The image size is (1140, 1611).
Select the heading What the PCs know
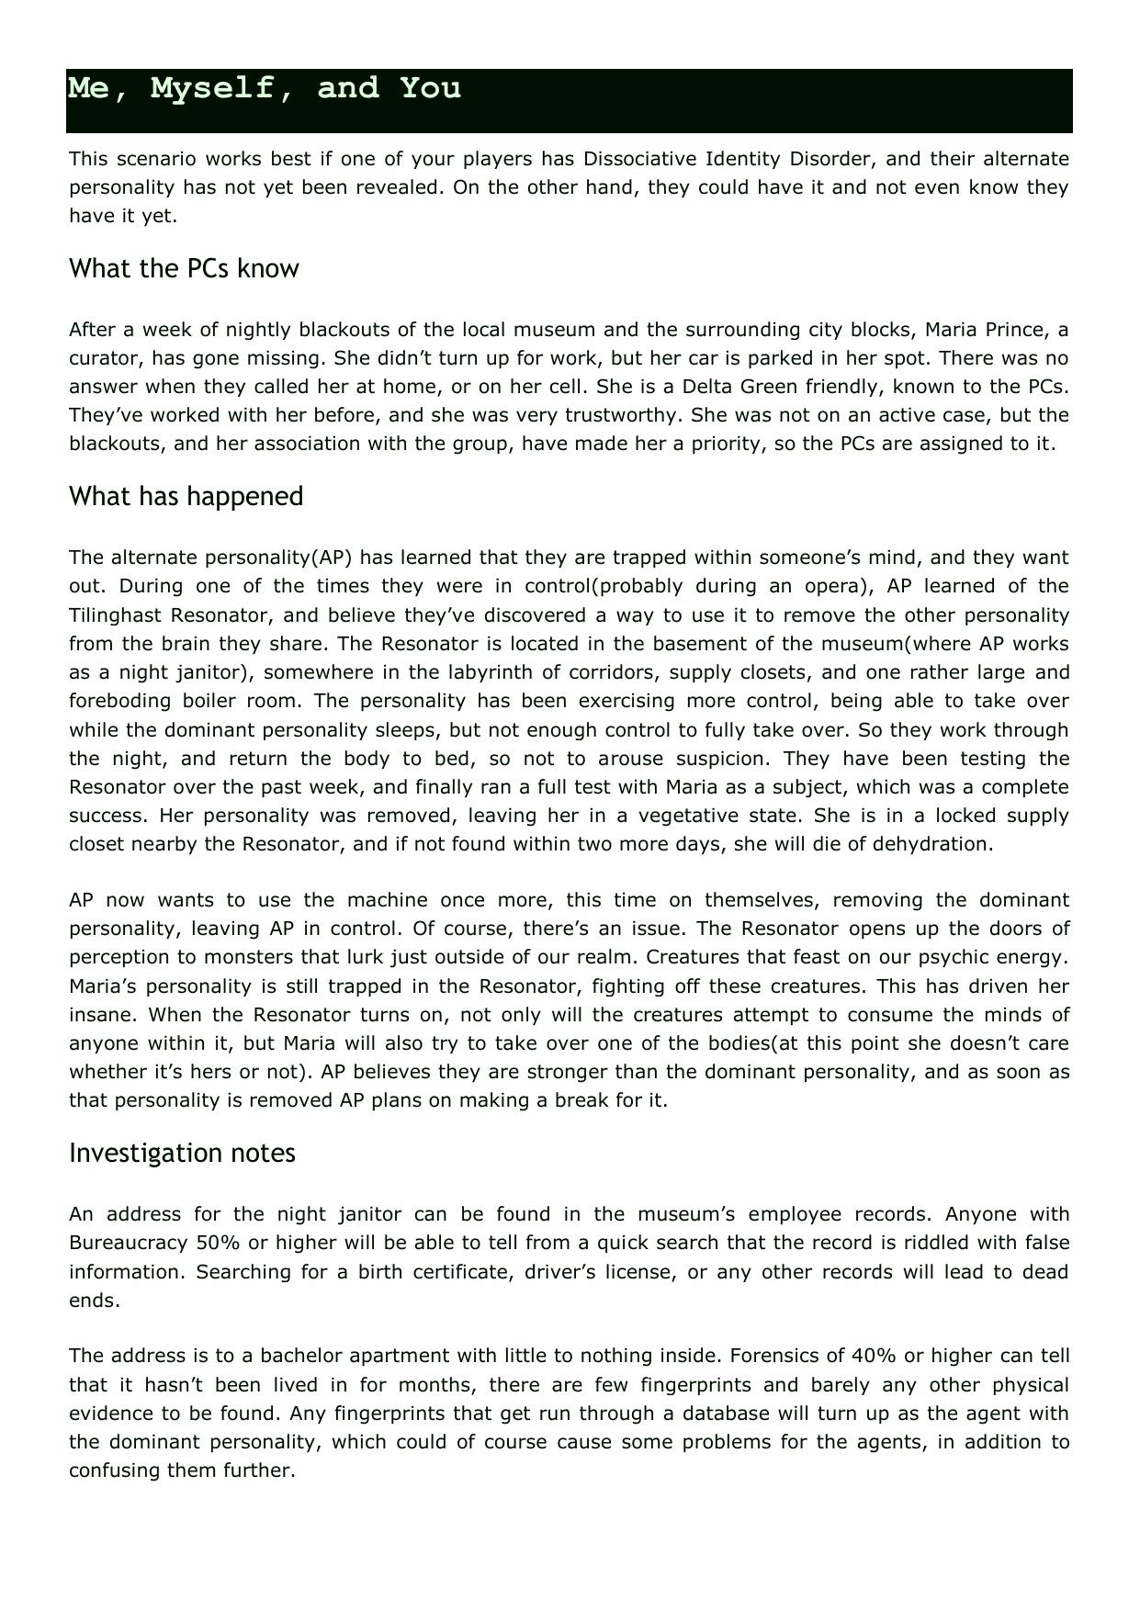(184, 269)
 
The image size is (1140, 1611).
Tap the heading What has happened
(186, 497)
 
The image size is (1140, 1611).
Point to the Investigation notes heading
(182, 1154)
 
